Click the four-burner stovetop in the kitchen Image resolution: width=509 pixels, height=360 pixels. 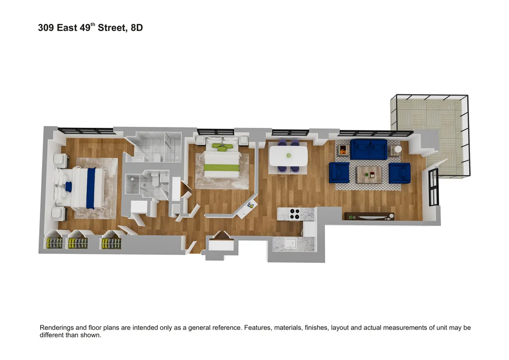tap(293, 214)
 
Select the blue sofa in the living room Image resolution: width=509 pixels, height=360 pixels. tap(369, 149)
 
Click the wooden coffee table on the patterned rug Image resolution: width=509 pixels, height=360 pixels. tap(369, 174)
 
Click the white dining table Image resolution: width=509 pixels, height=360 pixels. tap(288, 155)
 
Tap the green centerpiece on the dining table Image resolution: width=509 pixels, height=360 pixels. tap(289, 155)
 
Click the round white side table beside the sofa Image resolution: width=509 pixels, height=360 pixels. tap(396, 149)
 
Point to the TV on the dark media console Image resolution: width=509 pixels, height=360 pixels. tap(369, 217)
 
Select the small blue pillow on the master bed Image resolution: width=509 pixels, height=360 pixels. tap(68, 186)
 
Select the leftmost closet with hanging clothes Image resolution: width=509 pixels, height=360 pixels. tap(54, 243)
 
